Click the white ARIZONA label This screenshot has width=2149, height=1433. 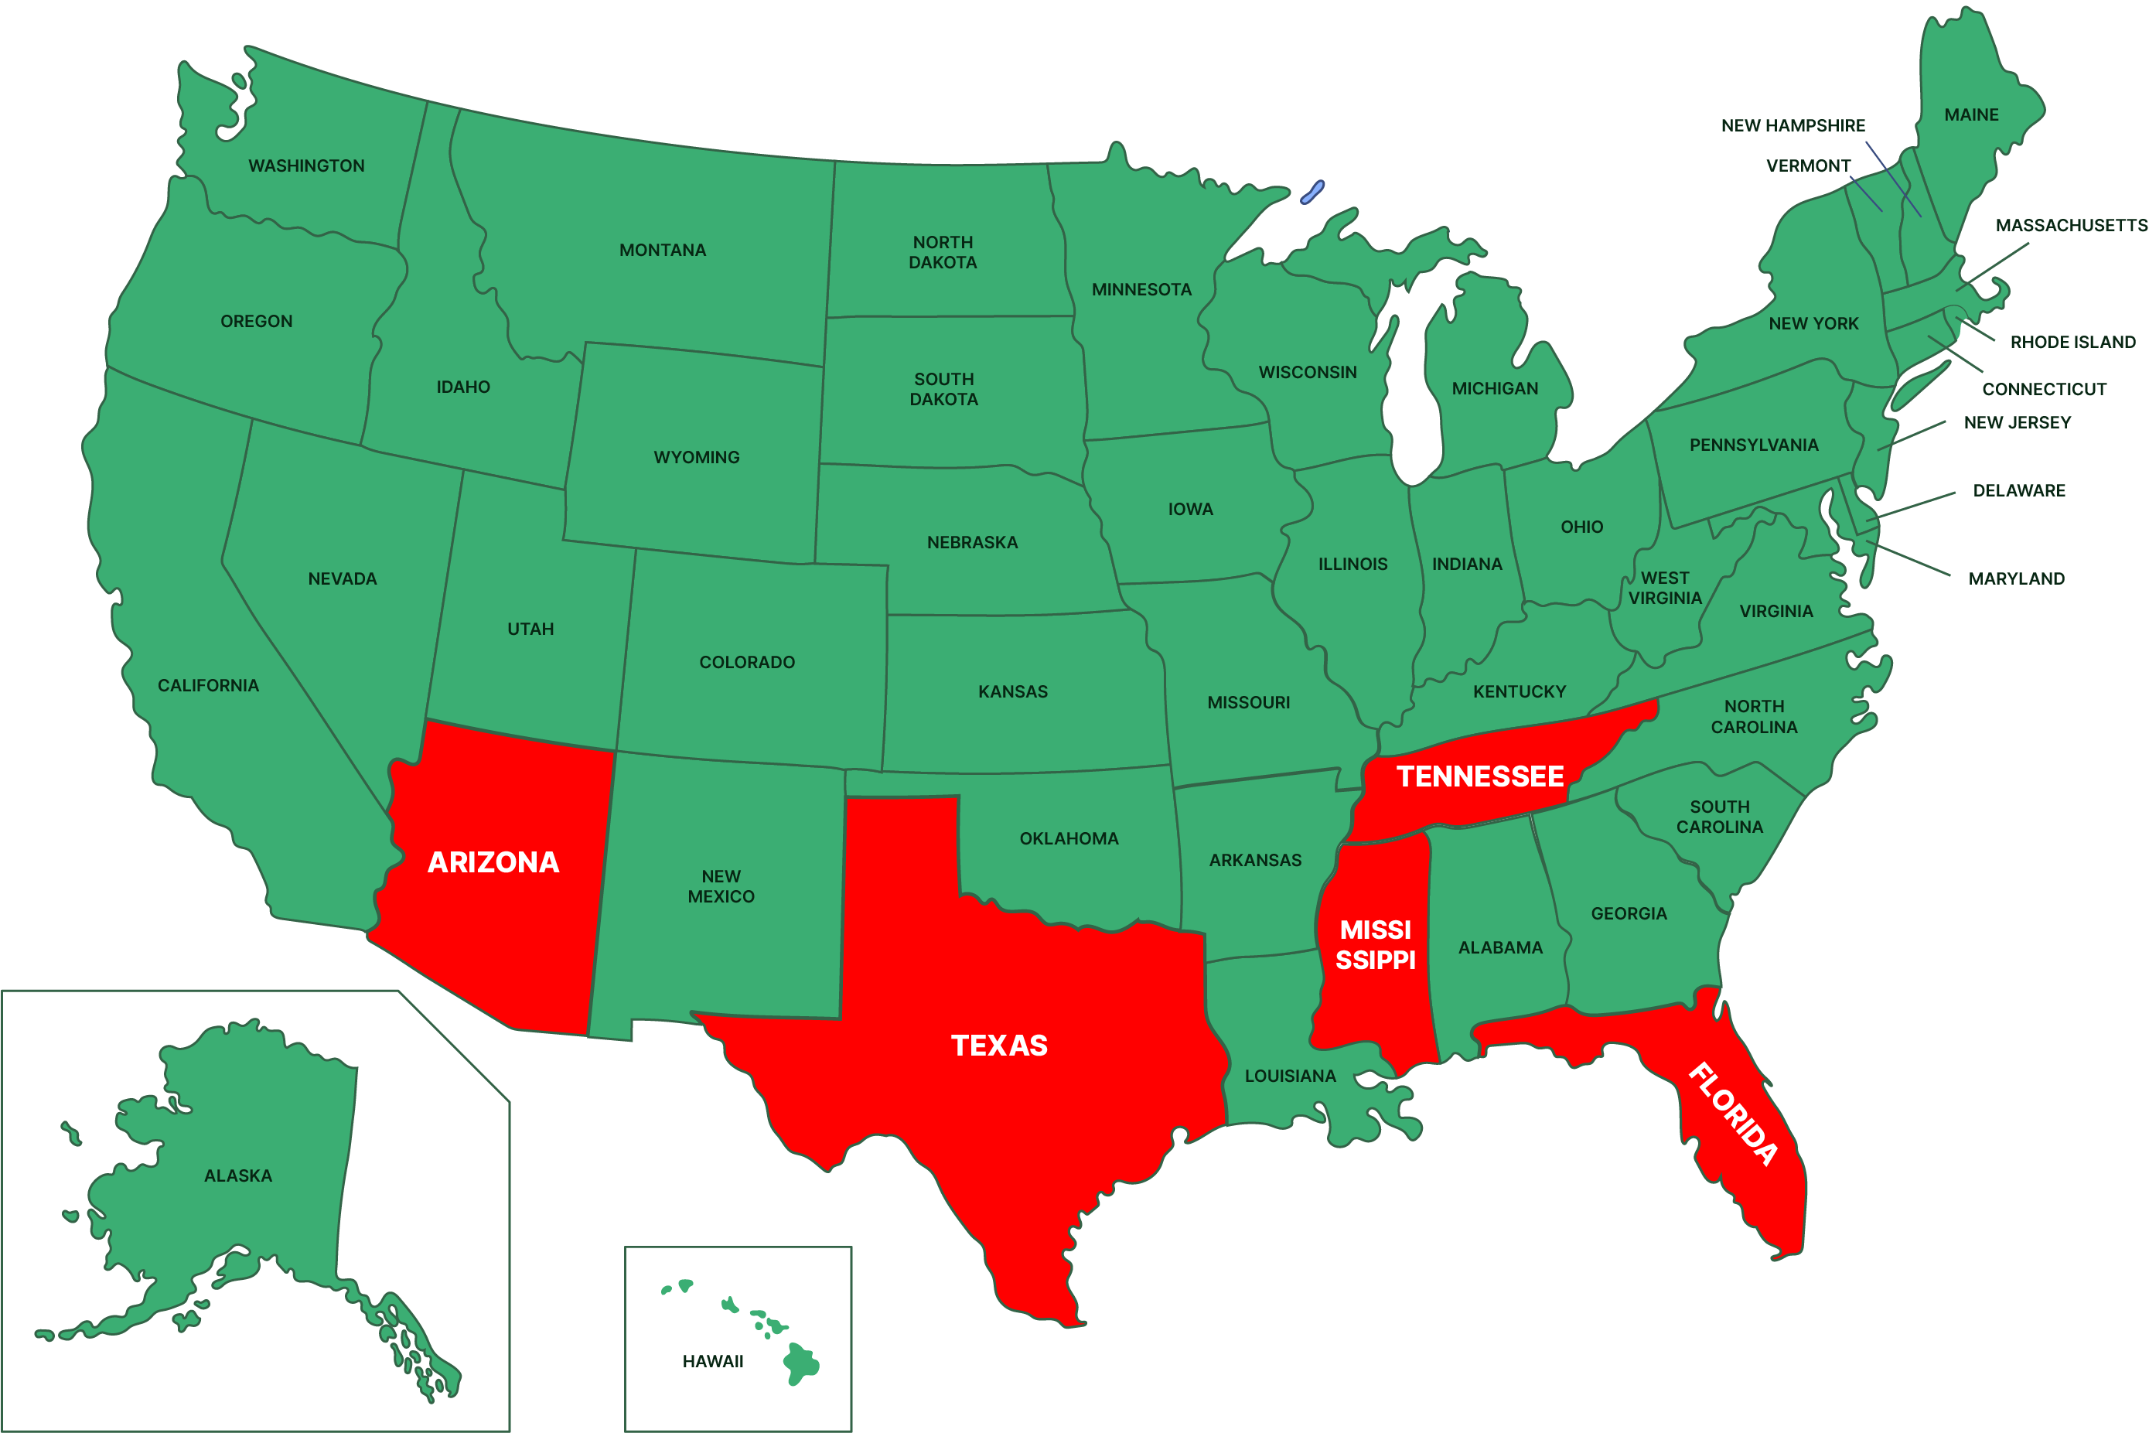point(493,862)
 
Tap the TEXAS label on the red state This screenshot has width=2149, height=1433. point(1000,1046)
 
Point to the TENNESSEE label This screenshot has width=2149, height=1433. point(1480,776)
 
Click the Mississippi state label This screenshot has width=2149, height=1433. point(1375,945)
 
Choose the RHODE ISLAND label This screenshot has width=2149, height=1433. point(2072,343)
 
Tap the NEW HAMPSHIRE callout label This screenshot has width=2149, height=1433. point(1793,126)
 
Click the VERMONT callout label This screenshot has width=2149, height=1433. point(1808,166)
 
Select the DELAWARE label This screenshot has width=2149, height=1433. point(2019,491)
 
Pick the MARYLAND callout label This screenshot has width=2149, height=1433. point(2017,578)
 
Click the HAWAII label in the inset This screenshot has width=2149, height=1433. point(713,1362)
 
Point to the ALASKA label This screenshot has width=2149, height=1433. point(238,1176)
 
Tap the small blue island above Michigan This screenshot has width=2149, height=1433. point(1312,193)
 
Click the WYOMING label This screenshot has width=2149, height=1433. point(696,457)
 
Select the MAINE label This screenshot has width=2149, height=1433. point(1971,115)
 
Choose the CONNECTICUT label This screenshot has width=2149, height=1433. point(2044,389)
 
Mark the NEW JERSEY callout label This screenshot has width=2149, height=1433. point(2018,422)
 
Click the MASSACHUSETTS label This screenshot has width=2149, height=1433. point(2070,226)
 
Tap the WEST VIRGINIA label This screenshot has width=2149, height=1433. point(1665,588)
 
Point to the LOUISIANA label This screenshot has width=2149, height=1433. point(1290,1076)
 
